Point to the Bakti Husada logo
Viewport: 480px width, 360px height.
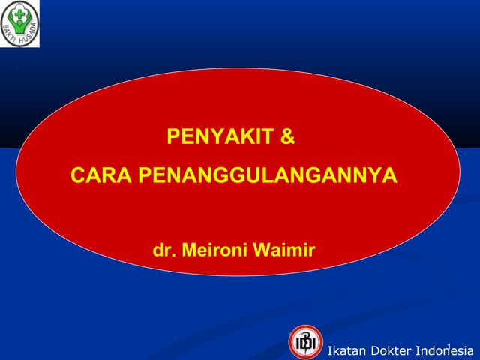tap(20, 23)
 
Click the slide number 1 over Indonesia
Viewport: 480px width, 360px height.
tap(447, 345)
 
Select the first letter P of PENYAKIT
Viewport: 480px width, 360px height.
tap(172, 139)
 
